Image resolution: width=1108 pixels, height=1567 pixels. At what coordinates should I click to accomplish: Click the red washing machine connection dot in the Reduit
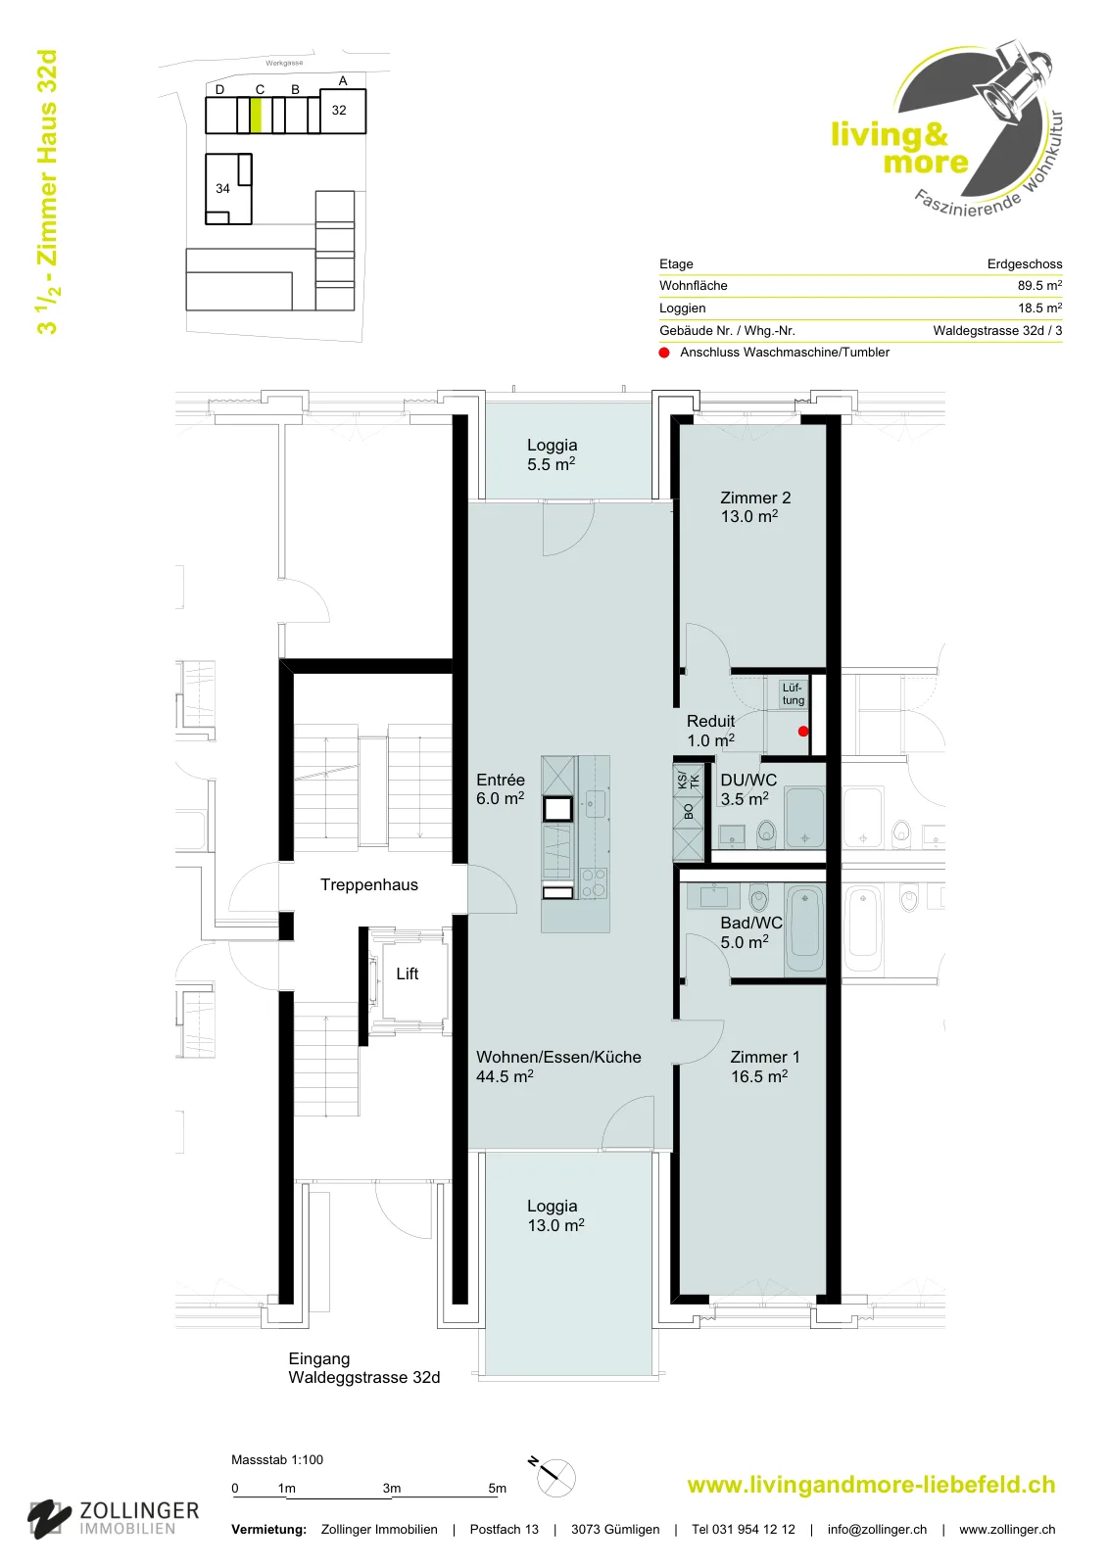point(803,731)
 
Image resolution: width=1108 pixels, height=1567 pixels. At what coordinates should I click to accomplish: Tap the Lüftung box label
point(793,694)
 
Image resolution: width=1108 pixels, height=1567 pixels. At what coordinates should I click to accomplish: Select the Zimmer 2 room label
point(754,507)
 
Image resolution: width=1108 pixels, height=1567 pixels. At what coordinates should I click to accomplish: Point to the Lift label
point(408,973)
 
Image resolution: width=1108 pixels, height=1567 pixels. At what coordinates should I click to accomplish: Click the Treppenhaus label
point(369,885)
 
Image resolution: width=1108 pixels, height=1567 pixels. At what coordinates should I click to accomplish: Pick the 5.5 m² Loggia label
point(552,454)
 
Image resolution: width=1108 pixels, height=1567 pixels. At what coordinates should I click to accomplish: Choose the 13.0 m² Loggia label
point(555,1215)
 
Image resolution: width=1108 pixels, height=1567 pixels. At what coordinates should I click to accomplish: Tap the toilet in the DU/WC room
point(767,833)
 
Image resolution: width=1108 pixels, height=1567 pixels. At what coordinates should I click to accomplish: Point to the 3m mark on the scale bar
point(391,1488)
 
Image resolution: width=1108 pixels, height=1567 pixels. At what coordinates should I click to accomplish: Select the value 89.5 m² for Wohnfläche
point(1039,285)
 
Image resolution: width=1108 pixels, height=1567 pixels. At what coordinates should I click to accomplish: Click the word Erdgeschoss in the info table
point(1025,263)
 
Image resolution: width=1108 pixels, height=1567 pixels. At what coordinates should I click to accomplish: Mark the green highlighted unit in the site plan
point(256,116)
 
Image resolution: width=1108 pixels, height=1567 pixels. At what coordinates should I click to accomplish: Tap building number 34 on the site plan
point(222,188)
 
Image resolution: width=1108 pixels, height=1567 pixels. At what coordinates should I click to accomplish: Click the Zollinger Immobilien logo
point(114,1519)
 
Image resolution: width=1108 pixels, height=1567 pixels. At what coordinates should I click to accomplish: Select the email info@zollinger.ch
point(877,1530)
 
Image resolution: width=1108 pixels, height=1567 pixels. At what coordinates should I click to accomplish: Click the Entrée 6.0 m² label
point(501,789)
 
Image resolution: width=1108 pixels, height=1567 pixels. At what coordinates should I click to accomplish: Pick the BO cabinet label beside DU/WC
point(689,812)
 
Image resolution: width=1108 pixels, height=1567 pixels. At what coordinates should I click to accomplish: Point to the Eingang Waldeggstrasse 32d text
point(364,1368)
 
